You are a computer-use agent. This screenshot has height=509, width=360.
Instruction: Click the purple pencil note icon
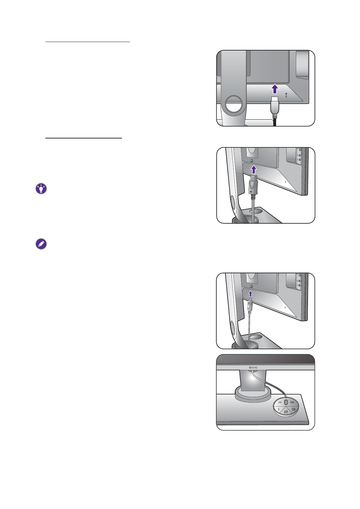click(41, 244)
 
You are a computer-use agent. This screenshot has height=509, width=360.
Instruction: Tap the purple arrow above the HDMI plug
click(274, 89)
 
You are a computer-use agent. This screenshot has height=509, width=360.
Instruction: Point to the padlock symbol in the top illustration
click(286, 94)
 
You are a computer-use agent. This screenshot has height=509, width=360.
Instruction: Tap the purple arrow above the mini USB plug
click(250, 294)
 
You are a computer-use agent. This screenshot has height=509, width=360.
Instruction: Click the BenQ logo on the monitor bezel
click(253, 368)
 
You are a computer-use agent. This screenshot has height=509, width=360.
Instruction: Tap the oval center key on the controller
click(286, 403)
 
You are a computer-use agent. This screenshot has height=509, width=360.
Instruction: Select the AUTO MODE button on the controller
click(292, 402)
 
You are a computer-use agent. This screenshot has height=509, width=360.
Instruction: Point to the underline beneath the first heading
click(87, 42)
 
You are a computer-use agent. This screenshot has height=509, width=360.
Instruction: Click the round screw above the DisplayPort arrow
click(252, 160)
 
